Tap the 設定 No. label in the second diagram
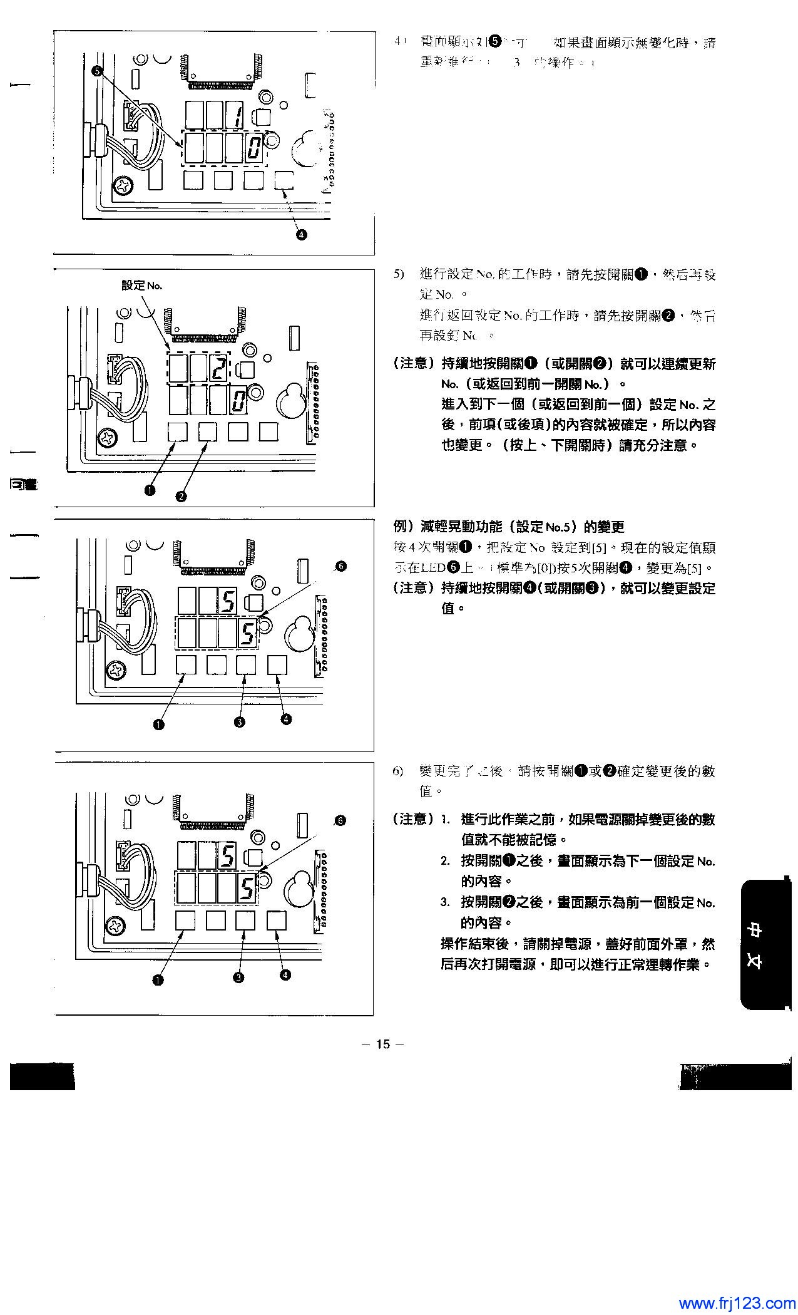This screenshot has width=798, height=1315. tap(142, 286)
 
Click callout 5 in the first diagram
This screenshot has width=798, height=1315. tap(98, 71)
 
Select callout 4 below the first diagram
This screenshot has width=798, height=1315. tap(301, 234)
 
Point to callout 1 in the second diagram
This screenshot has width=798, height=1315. tap(150, 490)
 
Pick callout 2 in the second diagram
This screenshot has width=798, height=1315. tap(181, 496)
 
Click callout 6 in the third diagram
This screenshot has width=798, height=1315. tap(340, 566)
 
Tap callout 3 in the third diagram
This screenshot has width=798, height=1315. tap(239, 722)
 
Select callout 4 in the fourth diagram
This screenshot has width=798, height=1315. tap(285, 974)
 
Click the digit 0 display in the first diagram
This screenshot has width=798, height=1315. tap(253, 149)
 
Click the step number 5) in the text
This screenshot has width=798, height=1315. tap(399, 274)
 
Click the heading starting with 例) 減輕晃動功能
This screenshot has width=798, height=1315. tap(508, 527)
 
